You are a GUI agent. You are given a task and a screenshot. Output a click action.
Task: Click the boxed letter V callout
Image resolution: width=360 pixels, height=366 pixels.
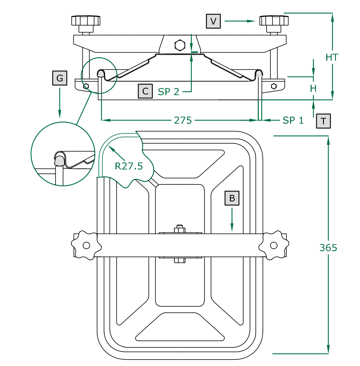213,21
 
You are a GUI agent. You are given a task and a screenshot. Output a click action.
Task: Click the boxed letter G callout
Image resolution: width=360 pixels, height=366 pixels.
60,78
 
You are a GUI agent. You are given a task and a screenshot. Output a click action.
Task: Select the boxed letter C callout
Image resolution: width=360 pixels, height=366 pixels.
145,91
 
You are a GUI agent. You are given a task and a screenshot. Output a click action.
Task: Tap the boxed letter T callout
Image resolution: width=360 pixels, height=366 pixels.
323,121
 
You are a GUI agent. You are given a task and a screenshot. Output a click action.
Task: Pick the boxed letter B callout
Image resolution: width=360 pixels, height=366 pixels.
232,198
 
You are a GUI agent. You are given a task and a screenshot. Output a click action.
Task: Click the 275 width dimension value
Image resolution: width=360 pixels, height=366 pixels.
183,120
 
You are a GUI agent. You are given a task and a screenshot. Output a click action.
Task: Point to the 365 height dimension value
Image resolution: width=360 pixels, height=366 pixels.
328,247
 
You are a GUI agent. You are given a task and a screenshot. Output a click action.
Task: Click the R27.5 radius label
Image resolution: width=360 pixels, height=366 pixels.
129,166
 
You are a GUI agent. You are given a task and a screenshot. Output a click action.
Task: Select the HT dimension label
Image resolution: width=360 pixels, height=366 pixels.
332,57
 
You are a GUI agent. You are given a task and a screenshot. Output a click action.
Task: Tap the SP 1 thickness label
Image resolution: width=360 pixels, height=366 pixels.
293,120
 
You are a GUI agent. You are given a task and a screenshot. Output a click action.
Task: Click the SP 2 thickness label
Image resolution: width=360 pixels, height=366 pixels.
168,92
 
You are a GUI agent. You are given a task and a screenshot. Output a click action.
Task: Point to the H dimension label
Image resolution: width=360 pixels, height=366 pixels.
313,88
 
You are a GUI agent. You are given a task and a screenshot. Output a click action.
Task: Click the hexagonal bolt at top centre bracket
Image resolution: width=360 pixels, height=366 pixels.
180,45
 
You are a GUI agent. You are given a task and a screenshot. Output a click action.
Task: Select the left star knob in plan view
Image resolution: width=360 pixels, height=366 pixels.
86,245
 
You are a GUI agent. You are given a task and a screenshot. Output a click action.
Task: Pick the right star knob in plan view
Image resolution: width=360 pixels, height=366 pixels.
274,245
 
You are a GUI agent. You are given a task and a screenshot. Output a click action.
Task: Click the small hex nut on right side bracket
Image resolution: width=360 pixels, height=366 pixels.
274,86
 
